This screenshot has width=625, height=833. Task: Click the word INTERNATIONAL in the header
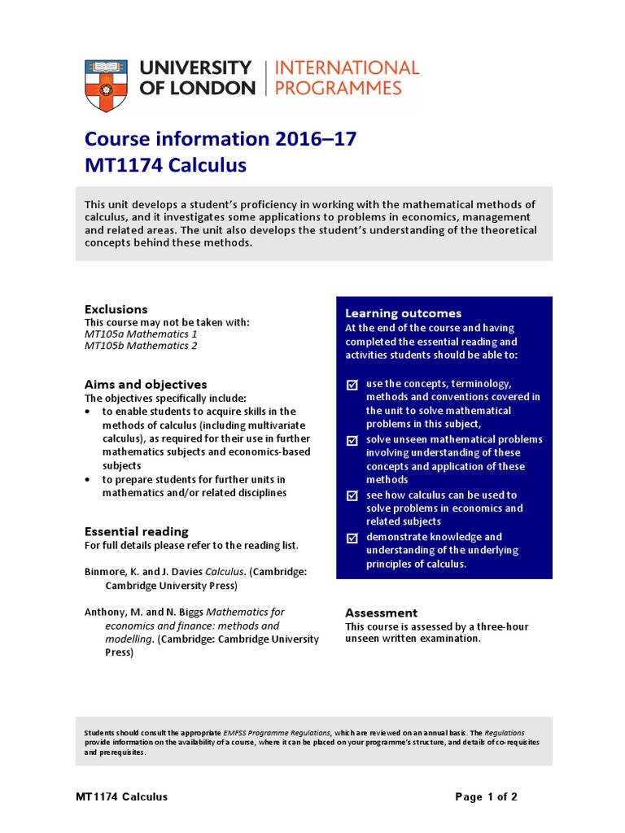point(347,68)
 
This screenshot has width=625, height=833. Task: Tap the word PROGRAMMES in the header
point(339,88)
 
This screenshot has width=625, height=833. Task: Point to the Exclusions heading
point(116,309)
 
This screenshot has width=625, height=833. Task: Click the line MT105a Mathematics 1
point(141,334)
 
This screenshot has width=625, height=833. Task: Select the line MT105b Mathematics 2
point(141,346)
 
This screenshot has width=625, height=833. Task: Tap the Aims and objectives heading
point(146,384)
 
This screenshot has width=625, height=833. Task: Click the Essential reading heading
point(137,531)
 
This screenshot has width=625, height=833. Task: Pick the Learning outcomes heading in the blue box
point(403,313)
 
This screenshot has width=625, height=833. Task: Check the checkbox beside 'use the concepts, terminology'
point(352,384)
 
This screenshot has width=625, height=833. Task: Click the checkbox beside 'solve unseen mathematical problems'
point(352,440)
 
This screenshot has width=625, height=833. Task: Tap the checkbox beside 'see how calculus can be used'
point(352,495)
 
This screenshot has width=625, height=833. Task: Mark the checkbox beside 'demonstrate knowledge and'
point(352,537)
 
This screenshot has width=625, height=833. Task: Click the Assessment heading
point(381,613)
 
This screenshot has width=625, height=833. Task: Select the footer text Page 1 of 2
point(486,796)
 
